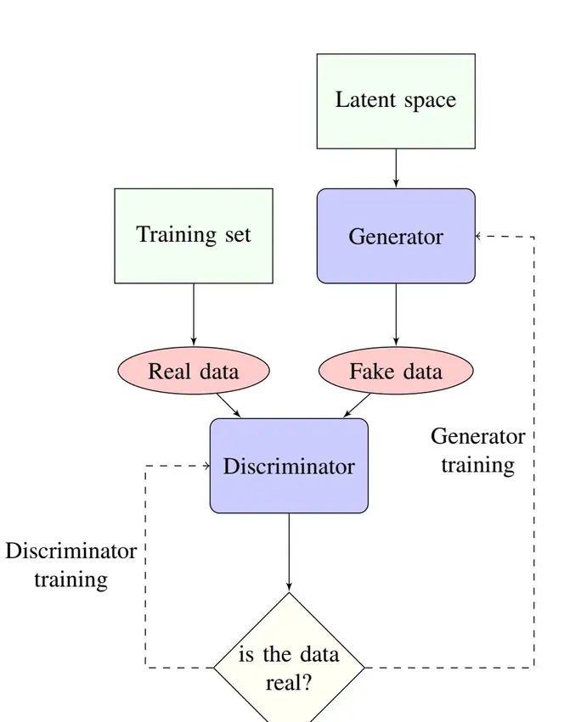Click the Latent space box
(x=396, y=101)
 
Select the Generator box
(x=396, y=236)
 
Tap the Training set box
(x=194, y=235)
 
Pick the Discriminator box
(x=289, y=466)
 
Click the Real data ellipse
(x=194, y=372)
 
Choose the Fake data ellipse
(x=396, y=372)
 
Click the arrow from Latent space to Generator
(x=396, y=168)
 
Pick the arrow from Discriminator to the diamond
(x=289, y=551)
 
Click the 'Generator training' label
(x=477, y=451)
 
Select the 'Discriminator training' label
(x=71, y=566)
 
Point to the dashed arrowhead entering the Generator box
(x=479, y=236)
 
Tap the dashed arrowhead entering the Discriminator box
(x=206, y=466)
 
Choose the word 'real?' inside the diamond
(x=289, y=682)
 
